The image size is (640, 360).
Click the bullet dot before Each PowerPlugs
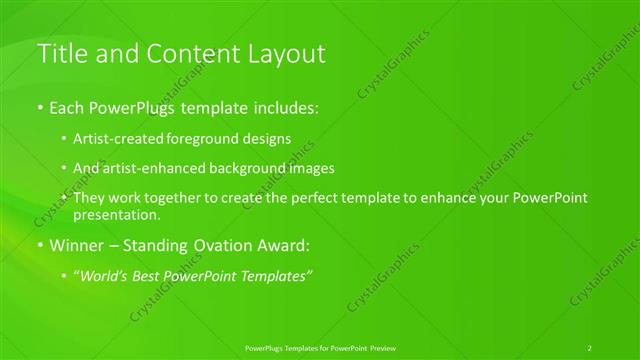tap(40, 106)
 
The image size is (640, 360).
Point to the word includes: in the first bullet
tap(287, 106)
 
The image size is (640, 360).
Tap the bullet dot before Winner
tap(40, 245)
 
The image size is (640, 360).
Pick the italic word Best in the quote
tap(174, 275)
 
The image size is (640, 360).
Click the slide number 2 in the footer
tap(590, 347)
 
